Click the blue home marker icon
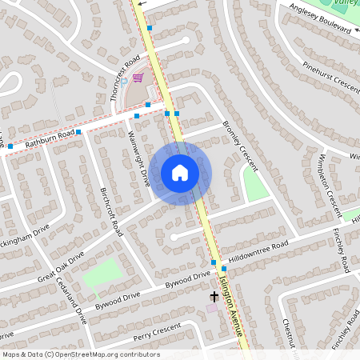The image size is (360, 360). pos(180,172)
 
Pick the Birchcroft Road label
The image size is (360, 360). pos(110,212)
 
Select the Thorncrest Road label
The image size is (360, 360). pos(125,83)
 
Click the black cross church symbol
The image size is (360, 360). pos(214,296)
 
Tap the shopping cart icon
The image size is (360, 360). pos(138,78)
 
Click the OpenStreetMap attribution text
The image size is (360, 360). pos(81,354)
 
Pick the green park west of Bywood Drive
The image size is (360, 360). pos(103,273)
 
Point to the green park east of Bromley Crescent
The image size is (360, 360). pos(255,186)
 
